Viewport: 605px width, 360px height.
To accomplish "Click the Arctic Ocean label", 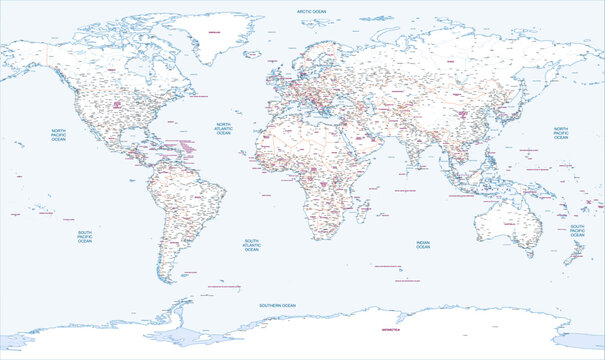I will pos(311,10).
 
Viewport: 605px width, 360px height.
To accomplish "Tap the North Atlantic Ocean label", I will pos(223,129).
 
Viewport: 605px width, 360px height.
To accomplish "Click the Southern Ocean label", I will pos(276,304).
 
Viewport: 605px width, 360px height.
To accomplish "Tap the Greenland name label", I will pos(213,33).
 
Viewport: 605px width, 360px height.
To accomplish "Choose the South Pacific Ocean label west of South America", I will pos(85,237).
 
